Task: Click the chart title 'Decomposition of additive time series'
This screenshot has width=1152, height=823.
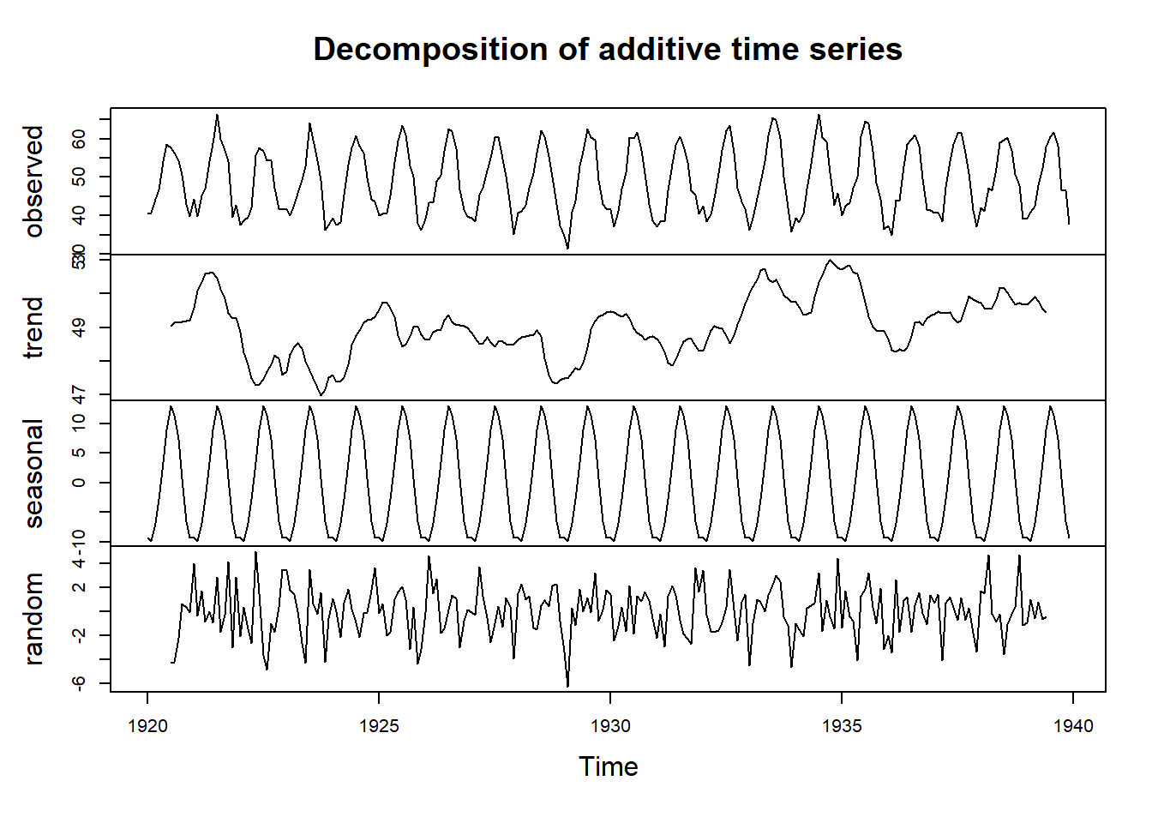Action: (607, 50)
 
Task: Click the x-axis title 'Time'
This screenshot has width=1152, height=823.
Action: (608, 766)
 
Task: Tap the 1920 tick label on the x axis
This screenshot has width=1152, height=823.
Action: (147, 727)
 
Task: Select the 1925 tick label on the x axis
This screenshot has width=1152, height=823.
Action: (379, 727)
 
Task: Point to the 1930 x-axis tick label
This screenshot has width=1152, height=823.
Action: (610, 727)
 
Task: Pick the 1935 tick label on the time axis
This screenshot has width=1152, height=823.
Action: (842, 727)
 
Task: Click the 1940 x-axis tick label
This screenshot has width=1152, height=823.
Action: (1072, 727)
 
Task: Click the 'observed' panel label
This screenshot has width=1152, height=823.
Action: (33, 181)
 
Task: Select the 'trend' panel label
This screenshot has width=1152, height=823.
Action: (33, 327)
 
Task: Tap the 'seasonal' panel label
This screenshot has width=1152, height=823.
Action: (33, 473)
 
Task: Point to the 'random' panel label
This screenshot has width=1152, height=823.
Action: (33, 619)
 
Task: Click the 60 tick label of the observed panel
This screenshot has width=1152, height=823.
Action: (80, 139)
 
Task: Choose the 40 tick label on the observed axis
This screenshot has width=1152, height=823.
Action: (80, 215)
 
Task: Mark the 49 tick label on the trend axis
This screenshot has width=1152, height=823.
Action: (80, 327)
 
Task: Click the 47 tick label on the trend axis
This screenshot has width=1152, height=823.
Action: (80, 394)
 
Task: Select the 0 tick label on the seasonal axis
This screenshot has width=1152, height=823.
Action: (80, 483)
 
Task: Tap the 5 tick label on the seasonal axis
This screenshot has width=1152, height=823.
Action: (80, 453)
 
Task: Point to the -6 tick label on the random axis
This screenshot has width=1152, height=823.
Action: (80, 683)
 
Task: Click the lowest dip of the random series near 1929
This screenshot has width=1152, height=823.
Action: (567, 686)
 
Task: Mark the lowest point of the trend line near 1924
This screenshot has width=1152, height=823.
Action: (321, 395)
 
